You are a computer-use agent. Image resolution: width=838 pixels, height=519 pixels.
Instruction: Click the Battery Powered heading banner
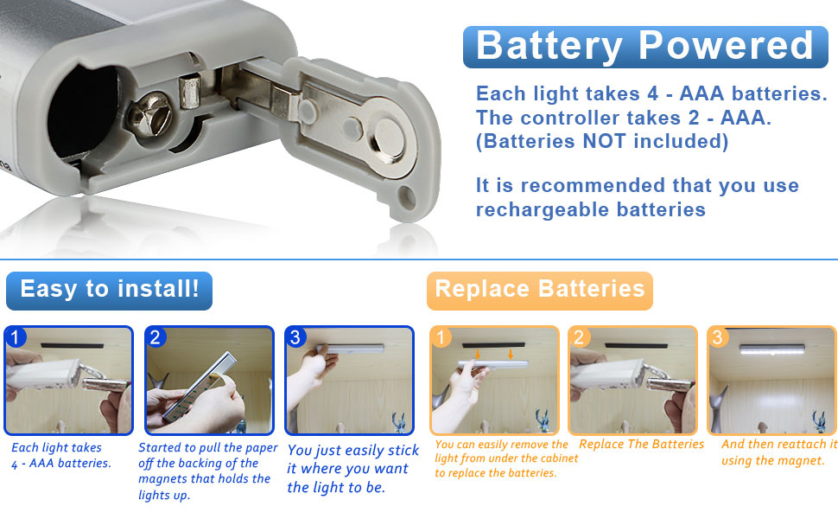tap(644, 46)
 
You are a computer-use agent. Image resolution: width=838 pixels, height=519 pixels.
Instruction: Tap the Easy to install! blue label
tap(109, 290)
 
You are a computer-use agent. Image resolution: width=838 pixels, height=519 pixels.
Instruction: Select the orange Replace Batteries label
tap(540, 290)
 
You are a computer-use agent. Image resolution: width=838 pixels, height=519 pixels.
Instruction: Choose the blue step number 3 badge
tap(295, 336)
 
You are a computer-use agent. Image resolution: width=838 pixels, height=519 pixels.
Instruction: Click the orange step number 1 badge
tap(441, 336)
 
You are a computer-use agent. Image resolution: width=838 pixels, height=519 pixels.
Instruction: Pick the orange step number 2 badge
tap(580, 336)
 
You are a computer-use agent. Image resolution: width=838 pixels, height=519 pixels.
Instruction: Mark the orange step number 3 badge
tap(718, 336)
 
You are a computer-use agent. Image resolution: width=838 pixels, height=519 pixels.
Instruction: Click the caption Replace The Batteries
tap(641, 445)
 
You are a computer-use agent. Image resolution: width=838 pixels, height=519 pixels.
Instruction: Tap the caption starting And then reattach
tap(778, 452)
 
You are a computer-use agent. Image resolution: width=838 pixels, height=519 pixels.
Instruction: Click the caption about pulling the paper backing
tap(207, 471)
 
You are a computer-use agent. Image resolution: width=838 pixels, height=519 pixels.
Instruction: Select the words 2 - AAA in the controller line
tap(732, 118)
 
